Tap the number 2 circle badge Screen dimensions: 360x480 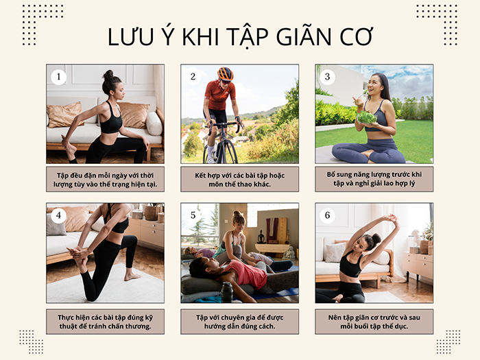pos(193,77)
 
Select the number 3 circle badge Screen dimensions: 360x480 pos(328,77)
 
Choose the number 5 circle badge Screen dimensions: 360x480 pos(193,215)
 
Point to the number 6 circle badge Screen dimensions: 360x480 pos(328,215)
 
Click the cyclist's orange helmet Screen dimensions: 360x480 pos(225,73)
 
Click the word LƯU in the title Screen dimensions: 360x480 pos(134,38)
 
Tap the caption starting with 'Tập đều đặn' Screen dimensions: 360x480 pos(105,179)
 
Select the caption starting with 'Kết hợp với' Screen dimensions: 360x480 pos(239,179)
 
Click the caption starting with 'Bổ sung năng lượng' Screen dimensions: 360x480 pos(374,179)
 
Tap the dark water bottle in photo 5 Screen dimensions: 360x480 pos(227,291)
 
